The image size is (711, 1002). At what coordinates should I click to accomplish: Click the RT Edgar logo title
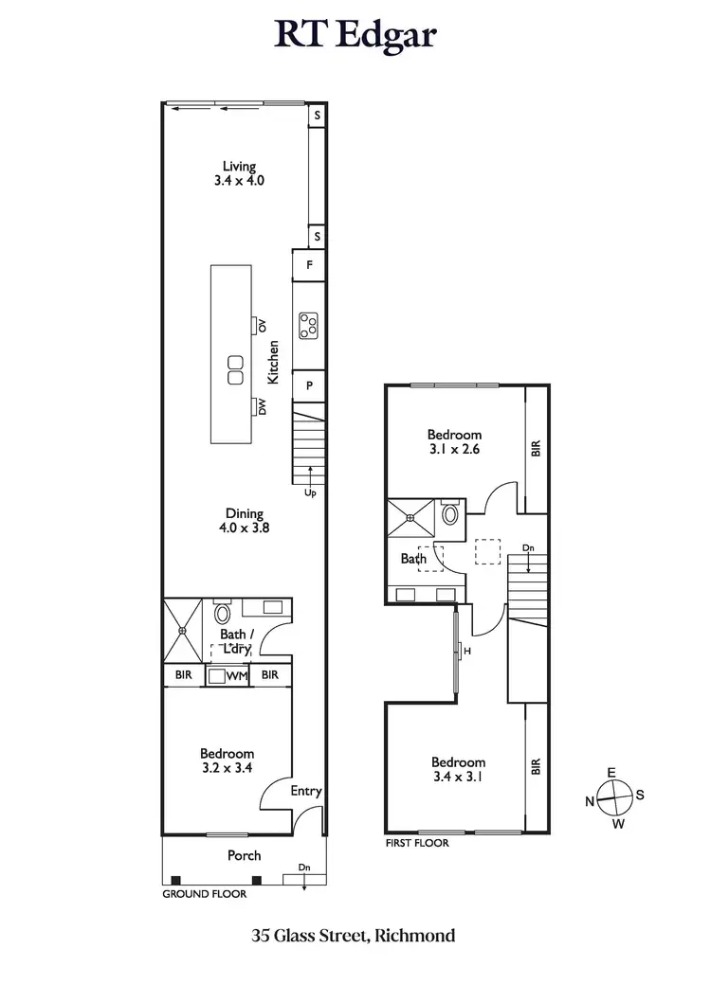coord(355,36)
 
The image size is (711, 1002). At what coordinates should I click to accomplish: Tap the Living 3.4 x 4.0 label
coord(239,172)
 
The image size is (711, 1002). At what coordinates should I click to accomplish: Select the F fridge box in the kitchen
coord(309,266)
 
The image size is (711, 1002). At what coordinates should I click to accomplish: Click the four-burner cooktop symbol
coord(309,326)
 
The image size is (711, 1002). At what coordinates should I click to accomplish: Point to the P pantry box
coord(309,385)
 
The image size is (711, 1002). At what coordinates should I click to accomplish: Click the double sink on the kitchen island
coord(234,369)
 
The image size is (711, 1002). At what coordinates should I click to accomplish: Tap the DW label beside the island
coord(263,407)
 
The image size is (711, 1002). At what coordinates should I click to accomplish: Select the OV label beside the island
coord(263,326)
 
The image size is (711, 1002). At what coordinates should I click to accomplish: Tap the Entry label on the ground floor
coord(306,792)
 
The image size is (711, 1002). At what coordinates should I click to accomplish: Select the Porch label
coord(244,855)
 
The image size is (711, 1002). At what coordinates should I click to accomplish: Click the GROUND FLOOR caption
coord(205,893)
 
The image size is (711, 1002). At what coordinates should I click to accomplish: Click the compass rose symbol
coord(614,796)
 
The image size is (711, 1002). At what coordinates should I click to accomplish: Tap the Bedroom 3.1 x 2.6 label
coord(454,442)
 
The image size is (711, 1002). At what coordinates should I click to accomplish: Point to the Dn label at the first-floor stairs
coord(528,547)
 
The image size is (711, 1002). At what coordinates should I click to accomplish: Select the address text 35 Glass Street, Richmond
coord(354,936)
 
